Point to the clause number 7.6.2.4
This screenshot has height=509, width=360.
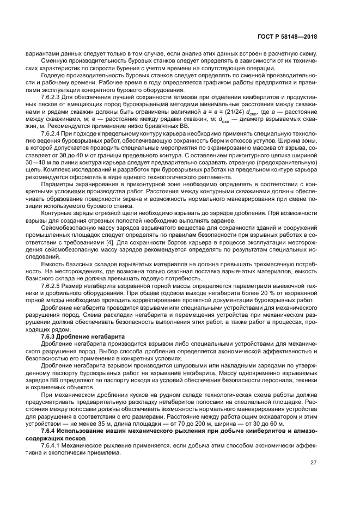[x=52, y=133]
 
